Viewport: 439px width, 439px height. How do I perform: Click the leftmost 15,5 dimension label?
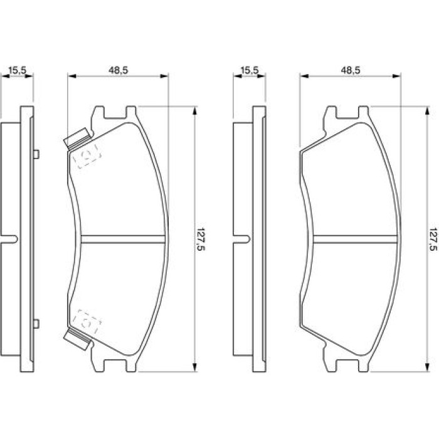pos(18,70)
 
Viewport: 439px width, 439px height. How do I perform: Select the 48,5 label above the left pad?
pos(118,70)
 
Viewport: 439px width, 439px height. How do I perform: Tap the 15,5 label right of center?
pos(250,70)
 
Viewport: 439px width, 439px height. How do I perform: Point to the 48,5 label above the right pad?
pos(350,70)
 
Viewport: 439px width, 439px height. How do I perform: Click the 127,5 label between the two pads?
pos(201,239)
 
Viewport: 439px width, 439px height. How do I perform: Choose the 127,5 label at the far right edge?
pos(433,239)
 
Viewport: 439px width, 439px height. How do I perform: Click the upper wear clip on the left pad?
pos(78,138)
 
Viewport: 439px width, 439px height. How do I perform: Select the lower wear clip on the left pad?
pos(78,339)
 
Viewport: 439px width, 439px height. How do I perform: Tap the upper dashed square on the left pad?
pos(87,156)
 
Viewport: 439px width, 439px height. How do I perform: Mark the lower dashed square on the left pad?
pos(87,322)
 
